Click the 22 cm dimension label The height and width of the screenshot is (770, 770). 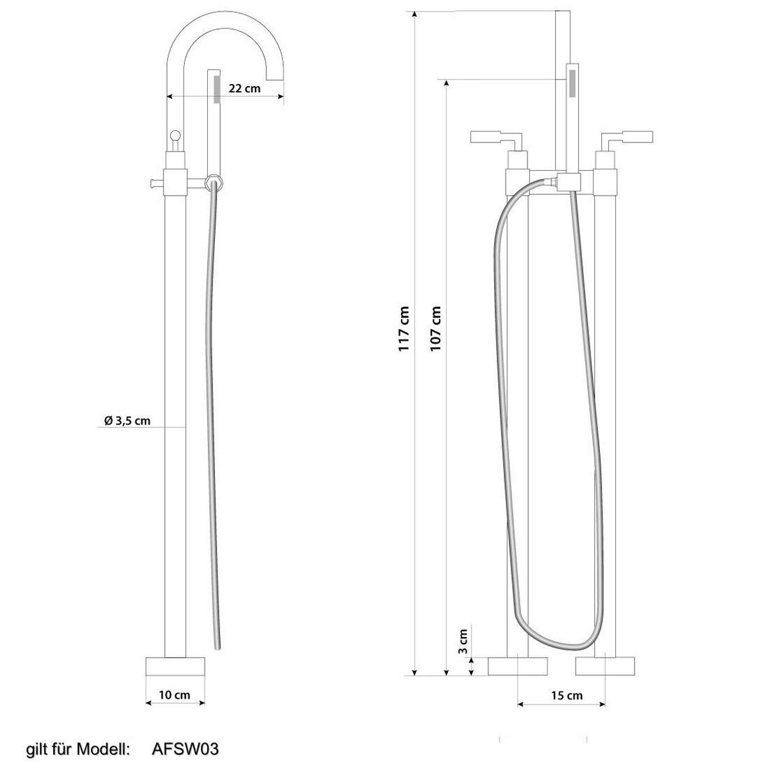click(244, 88)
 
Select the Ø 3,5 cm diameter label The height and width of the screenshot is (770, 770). click(127, 421)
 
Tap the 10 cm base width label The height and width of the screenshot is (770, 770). click(175, 695)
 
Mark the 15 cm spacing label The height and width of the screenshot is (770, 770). click(567, 696)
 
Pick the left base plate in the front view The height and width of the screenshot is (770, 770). click(517, 666)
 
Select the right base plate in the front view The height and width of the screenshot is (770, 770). click(605, 666)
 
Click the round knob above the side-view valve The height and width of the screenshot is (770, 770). click(175, 135)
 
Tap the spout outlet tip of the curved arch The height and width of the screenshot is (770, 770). click(275, 78)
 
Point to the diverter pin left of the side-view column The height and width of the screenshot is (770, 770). click(155, 183)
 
